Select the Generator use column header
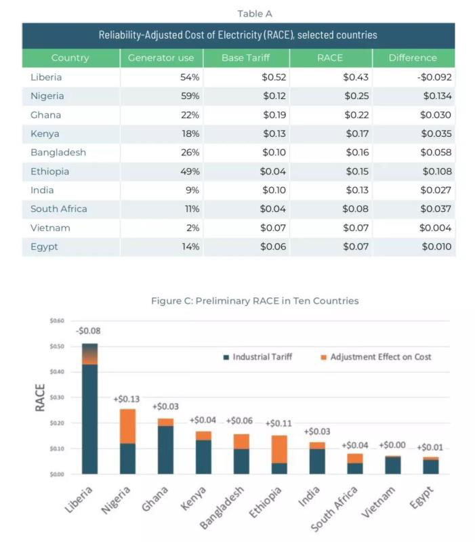[161, 58]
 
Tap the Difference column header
[413, 58]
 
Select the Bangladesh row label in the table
[58, 152]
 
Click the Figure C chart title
[254, 300]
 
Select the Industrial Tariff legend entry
[257, 356]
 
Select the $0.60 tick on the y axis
[58, 320]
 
